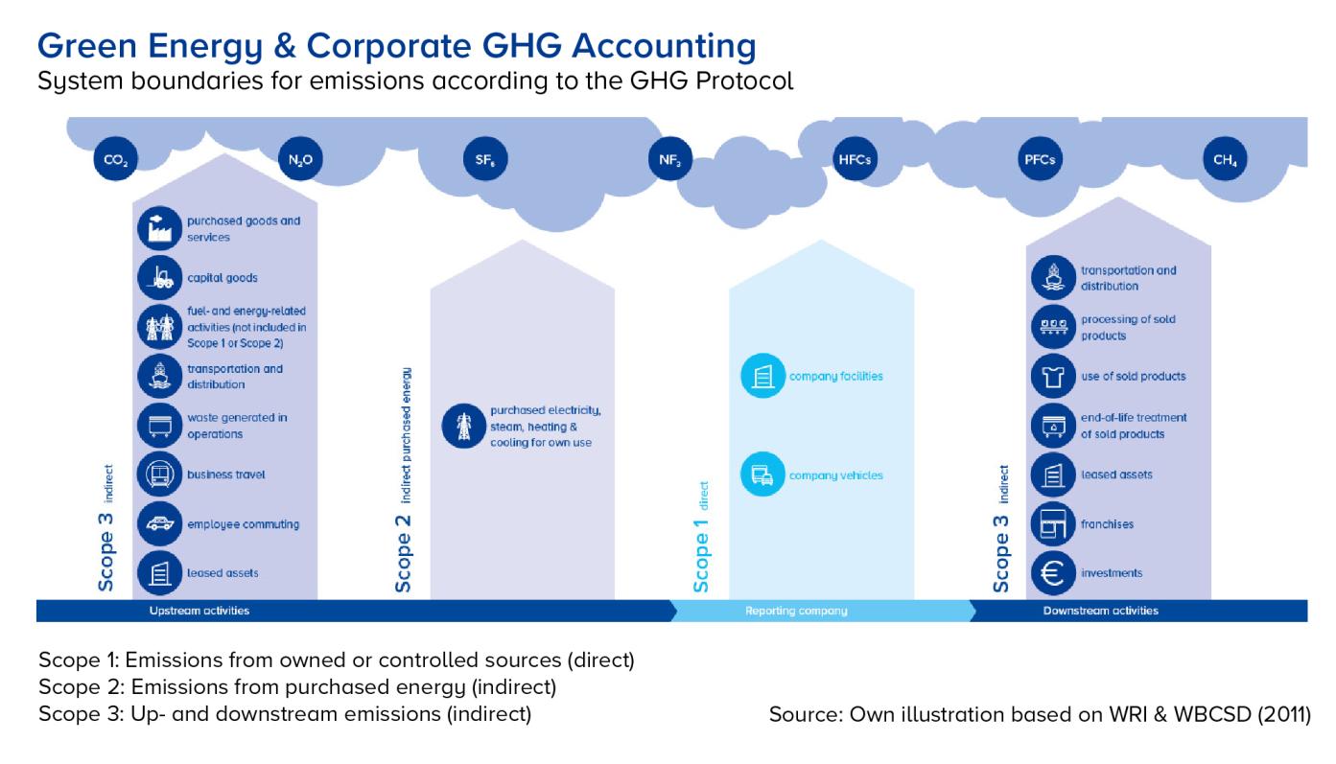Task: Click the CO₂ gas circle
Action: pos(116,159)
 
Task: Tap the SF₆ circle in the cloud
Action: pos(485,159)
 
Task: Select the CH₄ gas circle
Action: pos(1225,159)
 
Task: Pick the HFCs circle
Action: pos(856,159)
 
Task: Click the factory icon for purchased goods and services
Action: pos(159,228)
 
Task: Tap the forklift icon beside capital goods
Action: pos(159,278)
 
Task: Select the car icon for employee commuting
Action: pos(159,523)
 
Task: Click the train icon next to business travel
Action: pos(159,475)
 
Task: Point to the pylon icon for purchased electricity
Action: pos(463,427)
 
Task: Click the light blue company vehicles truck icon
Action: pos(762,475)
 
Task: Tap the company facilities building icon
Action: pos(762,376)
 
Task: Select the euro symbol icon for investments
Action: pos(1053,573)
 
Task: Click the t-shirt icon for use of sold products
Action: pos(1053,376)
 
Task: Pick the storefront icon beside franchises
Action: pos(1053,523)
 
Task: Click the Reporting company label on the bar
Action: pos(796,611)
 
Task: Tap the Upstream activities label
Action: pos(199,611)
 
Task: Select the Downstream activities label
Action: pos(1100,611)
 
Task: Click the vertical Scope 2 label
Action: pos(403,554)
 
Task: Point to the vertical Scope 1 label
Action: pos(701,555)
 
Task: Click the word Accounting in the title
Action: pos(664,46)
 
